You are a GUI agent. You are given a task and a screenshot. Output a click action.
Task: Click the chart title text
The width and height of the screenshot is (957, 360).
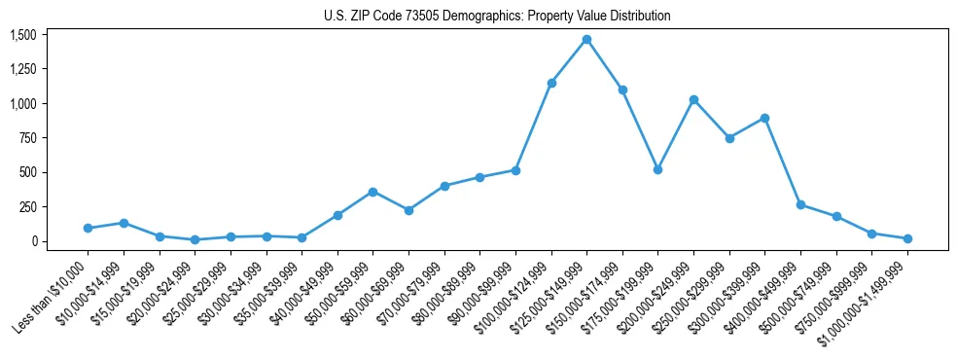tap(497, 17)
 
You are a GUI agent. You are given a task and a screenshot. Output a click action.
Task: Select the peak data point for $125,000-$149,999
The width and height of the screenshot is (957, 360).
tap(586, 39)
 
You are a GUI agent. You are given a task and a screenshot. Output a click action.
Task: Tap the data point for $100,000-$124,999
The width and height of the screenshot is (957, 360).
tap(551, 83)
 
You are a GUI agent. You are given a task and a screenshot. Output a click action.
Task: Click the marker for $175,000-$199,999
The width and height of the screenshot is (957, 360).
tap(657, 169)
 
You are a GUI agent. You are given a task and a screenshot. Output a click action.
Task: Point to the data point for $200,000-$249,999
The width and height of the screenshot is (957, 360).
tap(693, 99)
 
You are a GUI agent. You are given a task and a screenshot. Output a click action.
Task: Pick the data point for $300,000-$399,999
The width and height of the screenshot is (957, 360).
tap(764, 118)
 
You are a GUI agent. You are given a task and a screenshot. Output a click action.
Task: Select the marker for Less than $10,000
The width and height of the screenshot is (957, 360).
tap(88, 228)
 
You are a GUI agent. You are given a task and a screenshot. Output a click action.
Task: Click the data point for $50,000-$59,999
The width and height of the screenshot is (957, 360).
tap(372, 192)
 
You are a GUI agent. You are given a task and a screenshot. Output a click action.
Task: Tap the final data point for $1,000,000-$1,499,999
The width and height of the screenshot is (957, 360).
tap(907, 238)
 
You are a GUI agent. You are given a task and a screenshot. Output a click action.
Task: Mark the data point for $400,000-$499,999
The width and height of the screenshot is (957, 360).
tap(800, 204)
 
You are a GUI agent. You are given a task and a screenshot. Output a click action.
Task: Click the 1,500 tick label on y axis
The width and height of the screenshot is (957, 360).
tap(22, 35)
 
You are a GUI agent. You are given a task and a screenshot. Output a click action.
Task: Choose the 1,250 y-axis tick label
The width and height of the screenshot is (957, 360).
tap(22, 69)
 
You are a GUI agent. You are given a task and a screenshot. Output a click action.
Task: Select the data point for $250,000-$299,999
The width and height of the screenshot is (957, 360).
tap(729, 138)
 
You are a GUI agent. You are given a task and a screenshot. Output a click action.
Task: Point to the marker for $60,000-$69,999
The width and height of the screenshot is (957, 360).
tap(408, 210)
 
